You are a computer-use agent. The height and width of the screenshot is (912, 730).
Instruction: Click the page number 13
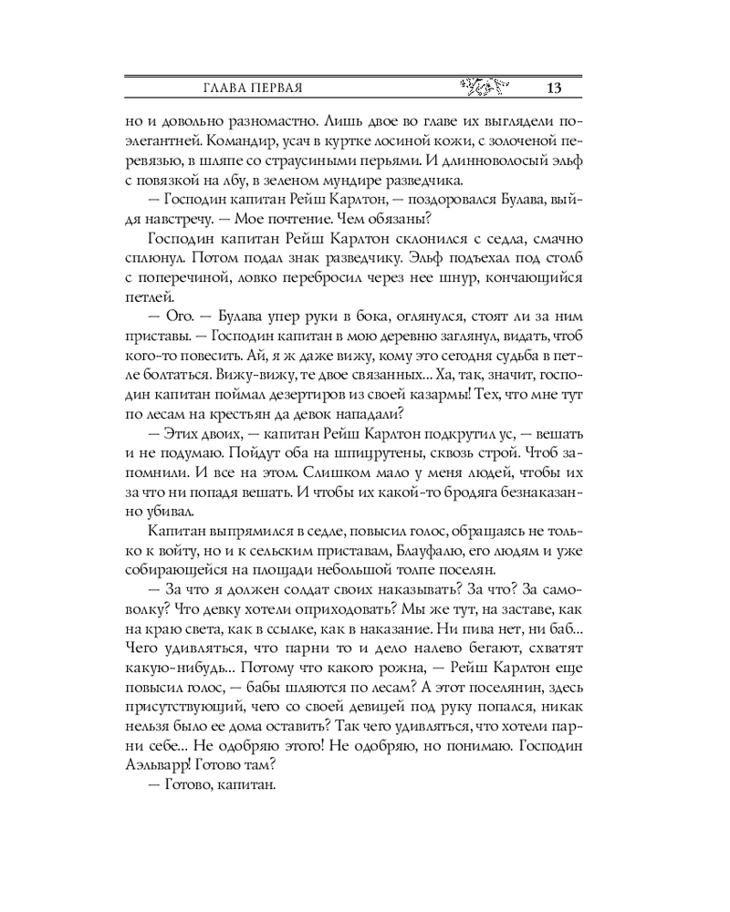click(553, 88)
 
